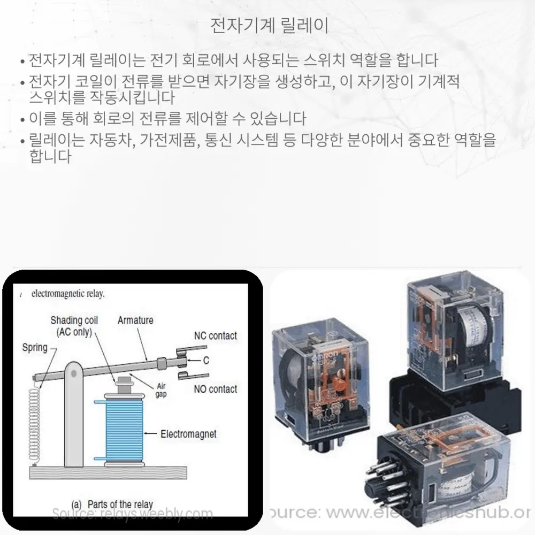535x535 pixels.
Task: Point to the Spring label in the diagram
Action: (x=35, y=348)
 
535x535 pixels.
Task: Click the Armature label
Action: (x=135, y=320)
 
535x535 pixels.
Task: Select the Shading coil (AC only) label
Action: (x=74, y=326)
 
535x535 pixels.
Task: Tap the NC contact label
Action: (x=215, y=336)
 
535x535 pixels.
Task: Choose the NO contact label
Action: (x=215, y=389)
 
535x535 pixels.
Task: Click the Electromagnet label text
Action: (x=188, y=433)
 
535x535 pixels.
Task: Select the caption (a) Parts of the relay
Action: (x=112, y=504)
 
